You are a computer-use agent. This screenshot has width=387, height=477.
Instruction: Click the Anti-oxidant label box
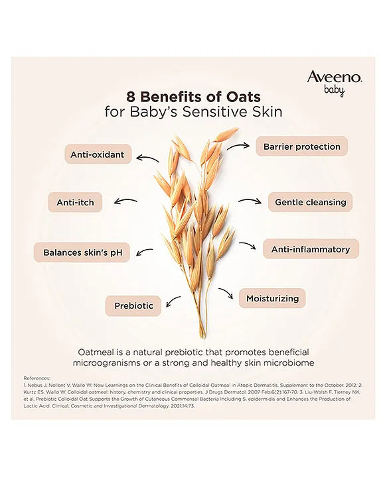(97, 154)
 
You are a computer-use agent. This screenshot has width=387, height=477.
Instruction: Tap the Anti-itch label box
(74, 202)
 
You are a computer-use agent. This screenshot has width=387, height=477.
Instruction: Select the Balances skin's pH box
(82, 252)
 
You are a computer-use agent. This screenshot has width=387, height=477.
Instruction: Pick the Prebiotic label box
(133, 305)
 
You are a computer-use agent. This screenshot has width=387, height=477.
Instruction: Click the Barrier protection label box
(301, 146)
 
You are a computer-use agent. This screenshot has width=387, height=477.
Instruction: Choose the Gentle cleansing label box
(310, 202)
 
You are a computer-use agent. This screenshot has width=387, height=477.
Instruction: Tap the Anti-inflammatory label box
(310, 249)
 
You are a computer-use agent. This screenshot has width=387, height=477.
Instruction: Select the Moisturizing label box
(272, 298)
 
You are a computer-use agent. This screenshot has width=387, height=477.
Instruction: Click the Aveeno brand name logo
(334, 78)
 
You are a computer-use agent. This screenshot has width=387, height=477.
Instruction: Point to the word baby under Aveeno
(334, 91)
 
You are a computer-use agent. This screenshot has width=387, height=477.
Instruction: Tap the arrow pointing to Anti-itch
(125, 201)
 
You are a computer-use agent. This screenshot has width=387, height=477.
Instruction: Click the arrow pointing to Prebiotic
(173, 302)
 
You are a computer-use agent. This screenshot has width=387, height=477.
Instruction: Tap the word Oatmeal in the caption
(98, 351)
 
